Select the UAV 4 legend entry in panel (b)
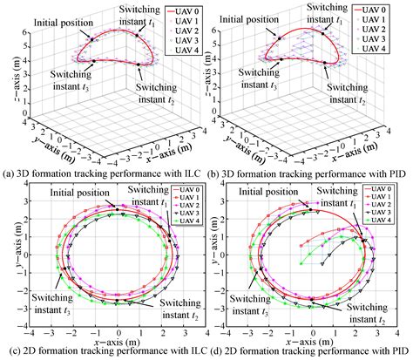pos(370,49)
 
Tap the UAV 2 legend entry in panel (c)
pos(186,206)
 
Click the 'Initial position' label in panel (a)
pos(64,23)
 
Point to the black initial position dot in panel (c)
pos(118,209)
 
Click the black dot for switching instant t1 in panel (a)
pos(137,36)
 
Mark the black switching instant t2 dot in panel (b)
pos(325,63)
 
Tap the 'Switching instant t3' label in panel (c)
pos(52,303)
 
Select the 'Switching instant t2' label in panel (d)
pos(367,313)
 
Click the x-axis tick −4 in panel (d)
pos(227,333)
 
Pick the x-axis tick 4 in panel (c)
pos(206,333)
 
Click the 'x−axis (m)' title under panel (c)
pos(118,341)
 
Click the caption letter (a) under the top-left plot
pos(8,174)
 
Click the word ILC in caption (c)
pos(199,350)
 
